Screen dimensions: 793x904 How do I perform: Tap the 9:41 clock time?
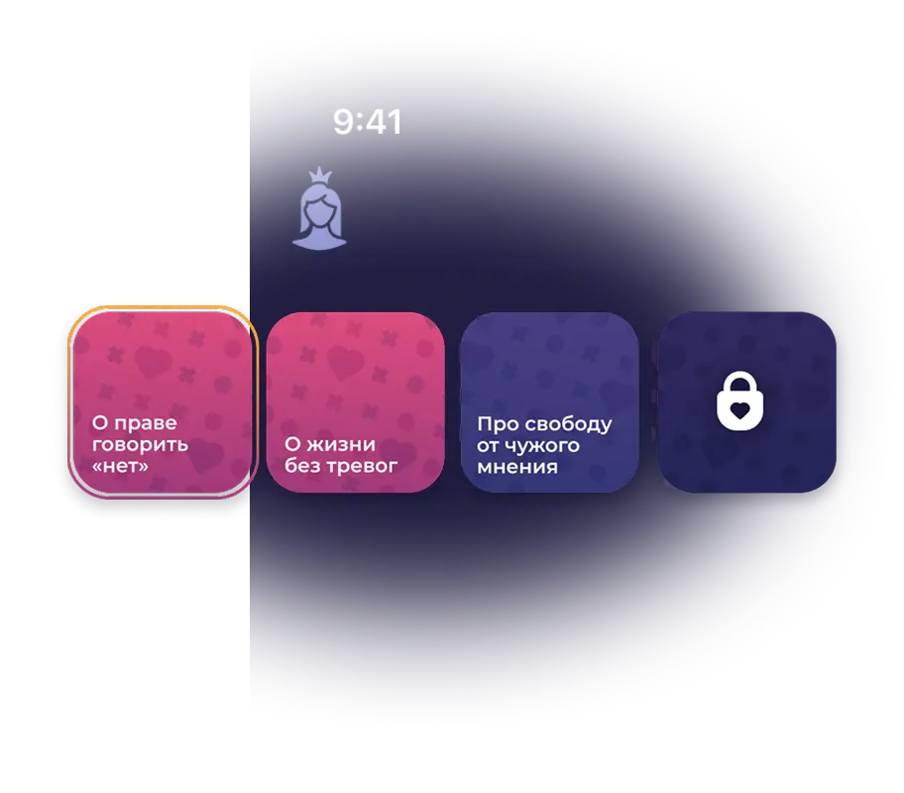click(367, 122)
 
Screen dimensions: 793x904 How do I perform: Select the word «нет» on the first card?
click(120, 465)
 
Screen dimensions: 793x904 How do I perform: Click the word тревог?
click(362, 465)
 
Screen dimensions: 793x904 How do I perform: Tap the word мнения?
click(516, 467)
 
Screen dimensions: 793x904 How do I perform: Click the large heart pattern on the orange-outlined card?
click(153, 363)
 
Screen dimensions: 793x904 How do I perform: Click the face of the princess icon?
click(319, 209)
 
